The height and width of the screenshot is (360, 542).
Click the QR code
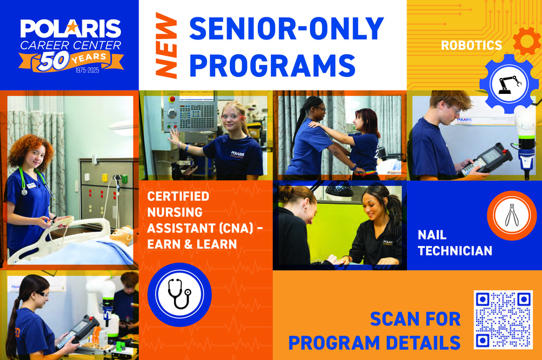point(503,320)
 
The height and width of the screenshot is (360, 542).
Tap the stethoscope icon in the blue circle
point(179,295)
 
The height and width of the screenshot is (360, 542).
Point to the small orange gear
point(526,41)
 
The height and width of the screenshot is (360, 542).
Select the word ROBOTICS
point(471,46)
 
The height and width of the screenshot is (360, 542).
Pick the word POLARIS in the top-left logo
point(70,29)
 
